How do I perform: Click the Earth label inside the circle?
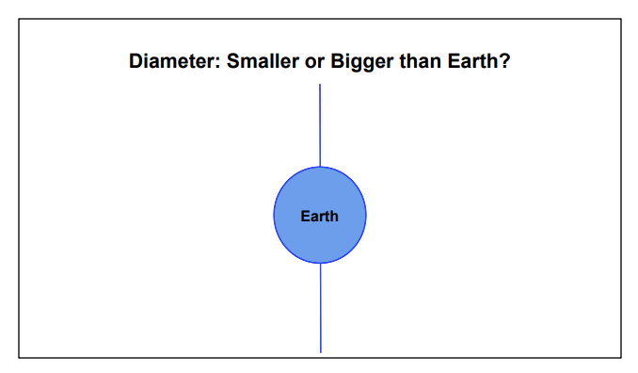(320, 216)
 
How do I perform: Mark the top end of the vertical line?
(320, 85)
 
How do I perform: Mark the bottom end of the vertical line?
(320, 352)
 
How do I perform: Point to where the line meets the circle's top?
(320, 167)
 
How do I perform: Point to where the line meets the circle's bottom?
(320, 264)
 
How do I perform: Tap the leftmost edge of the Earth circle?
(274, 216)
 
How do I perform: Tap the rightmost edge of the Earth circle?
(366, 216)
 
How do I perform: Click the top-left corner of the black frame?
(19, 18)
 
